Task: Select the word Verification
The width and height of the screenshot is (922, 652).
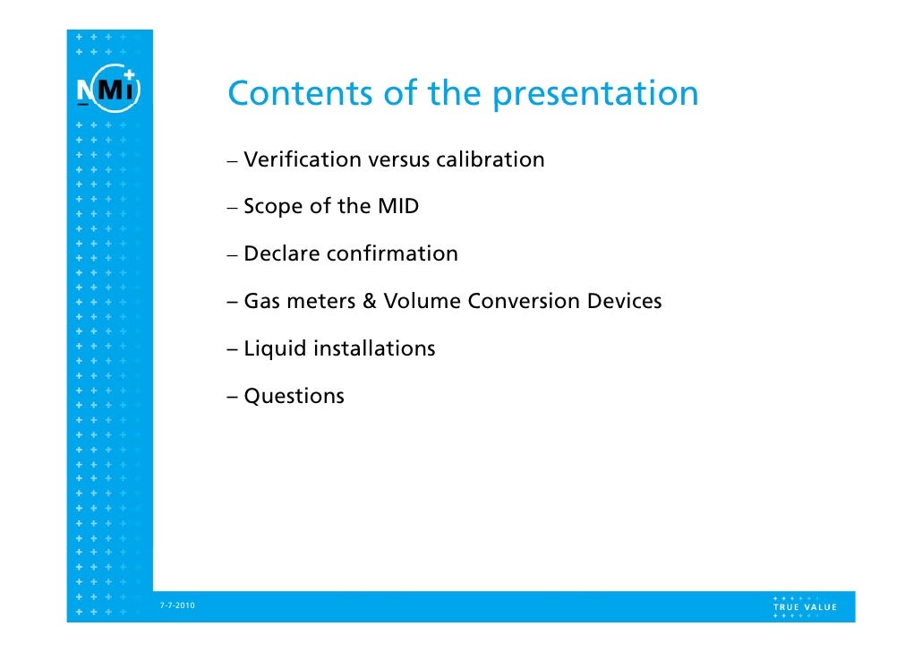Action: [x=301, y=160]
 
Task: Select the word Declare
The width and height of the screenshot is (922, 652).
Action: [x=281, y=254]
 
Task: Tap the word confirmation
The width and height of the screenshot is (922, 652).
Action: [x=392, y=254]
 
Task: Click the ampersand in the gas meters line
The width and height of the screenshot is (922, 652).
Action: [x=369, y=301]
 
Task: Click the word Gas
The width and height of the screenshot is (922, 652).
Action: [x=260, y=302]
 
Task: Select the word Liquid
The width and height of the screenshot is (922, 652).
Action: [x=274, y=349]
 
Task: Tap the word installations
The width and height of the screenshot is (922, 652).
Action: [x=373, y=348]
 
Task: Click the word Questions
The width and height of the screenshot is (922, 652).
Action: [x=294, y=397]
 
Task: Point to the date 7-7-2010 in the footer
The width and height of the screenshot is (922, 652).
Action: [x=177, y=607]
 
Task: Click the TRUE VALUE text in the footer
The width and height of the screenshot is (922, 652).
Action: [x=805, y=606]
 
